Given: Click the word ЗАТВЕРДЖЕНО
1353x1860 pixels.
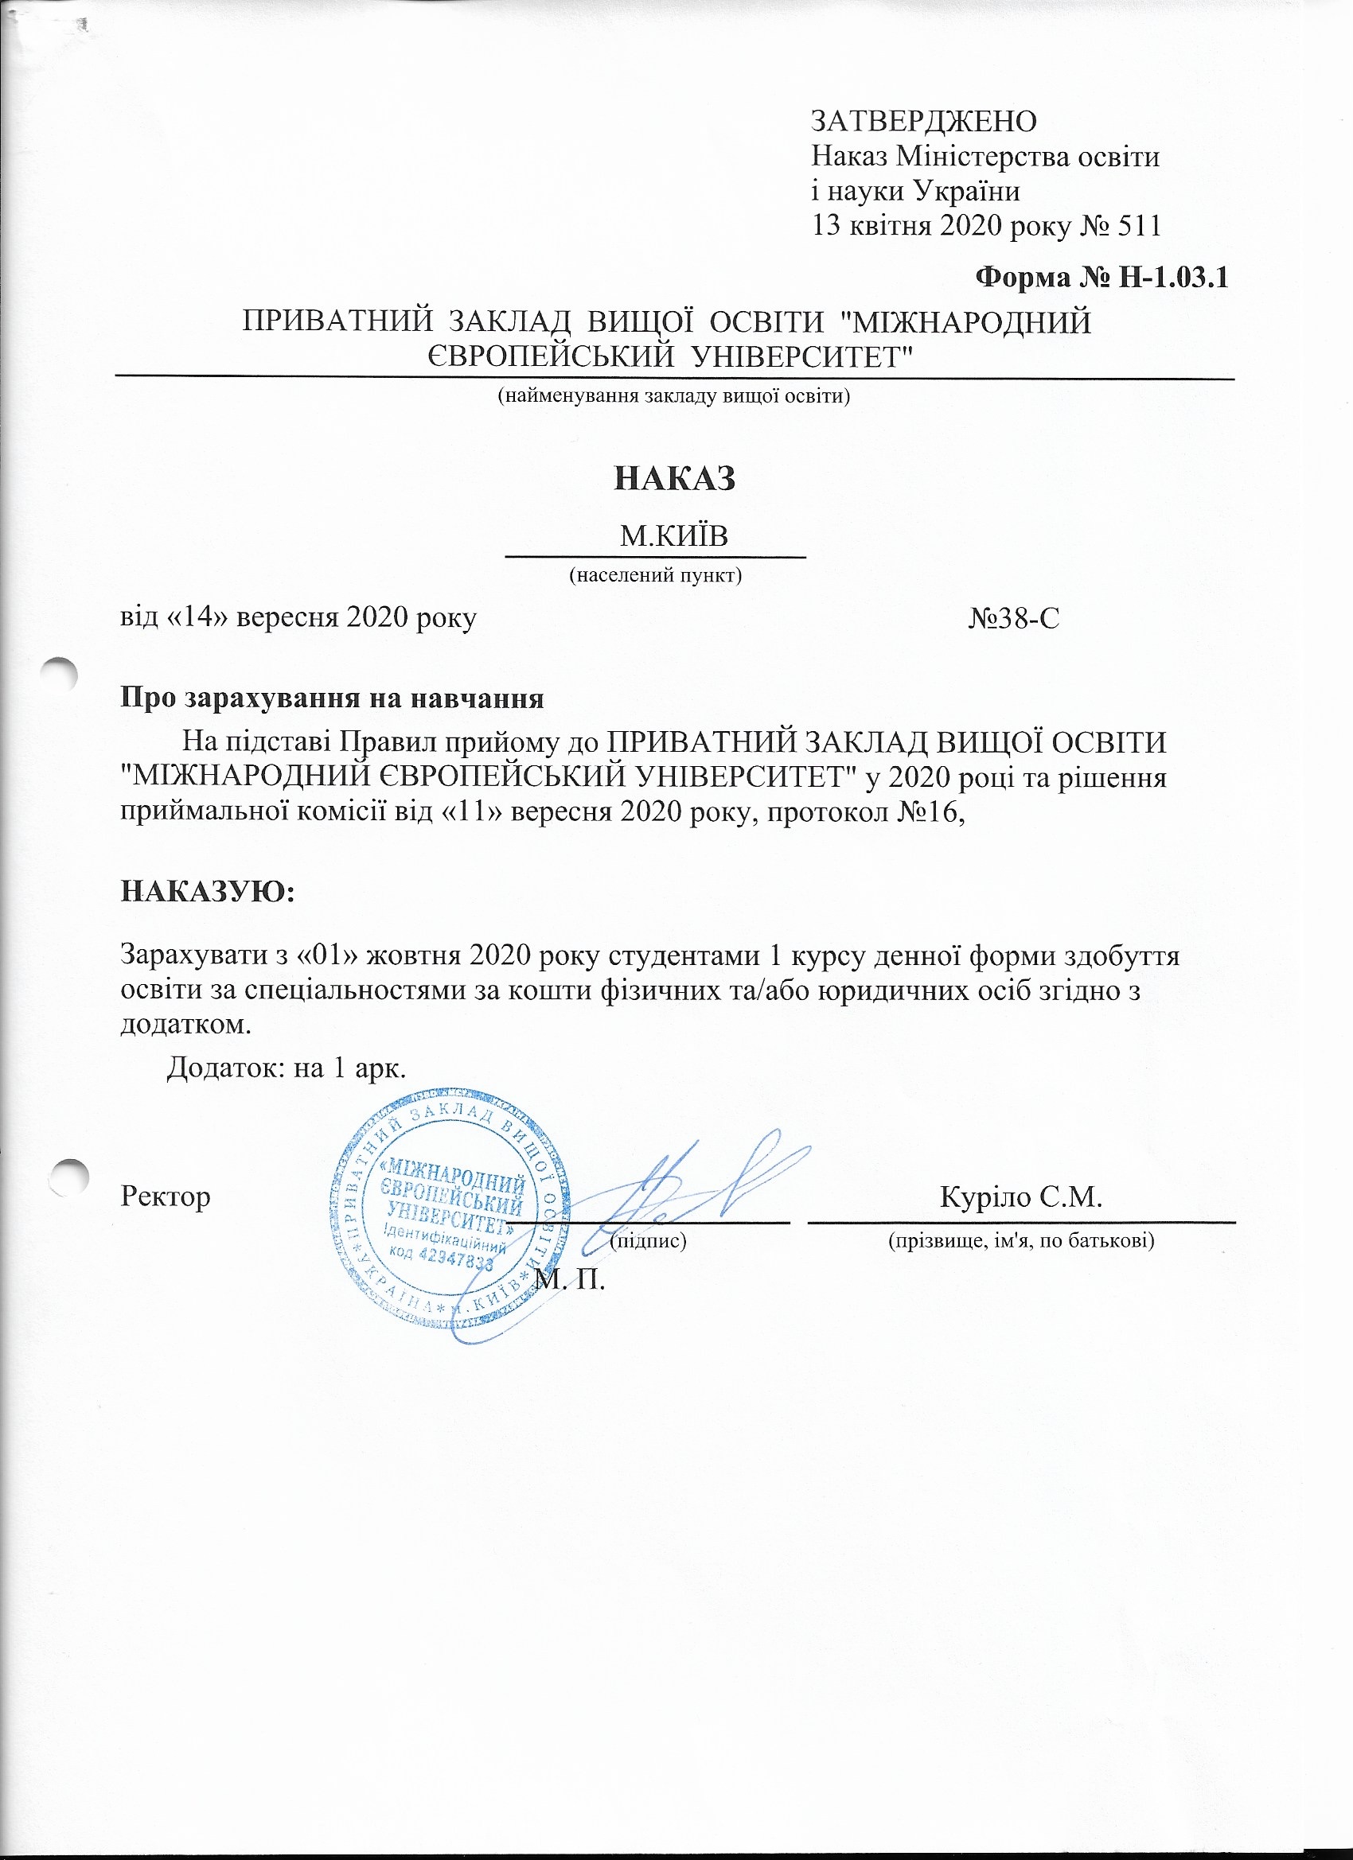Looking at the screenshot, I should click(923, 121).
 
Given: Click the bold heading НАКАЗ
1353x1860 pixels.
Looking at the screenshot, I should click(674, 479).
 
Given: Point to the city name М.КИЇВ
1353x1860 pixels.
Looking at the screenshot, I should click(674, 536).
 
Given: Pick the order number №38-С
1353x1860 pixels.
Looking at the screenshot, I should click(1013, 618).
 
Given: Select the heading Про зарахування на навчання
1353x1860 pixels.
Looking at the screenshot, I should click(333, 698).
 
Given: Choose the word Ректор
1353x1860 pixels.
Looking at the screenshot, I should click(166, 1197).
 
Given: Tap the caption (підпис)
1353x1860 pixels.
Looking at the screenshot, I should click(648, 1241).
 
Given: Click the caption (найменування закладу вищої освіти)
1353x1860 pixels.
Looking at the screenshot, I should click(674, 397).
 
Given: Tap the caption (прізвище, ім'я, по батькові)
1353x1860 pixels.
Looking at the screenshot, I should click(1022, 1241).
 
